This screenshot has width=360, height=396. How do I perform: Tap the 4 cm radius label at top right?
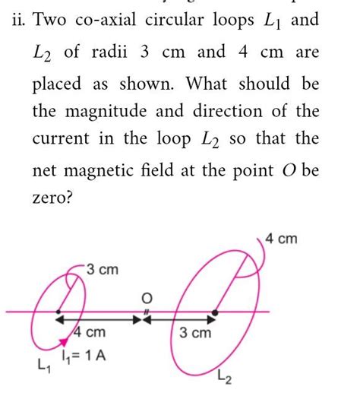[x=283, y=240]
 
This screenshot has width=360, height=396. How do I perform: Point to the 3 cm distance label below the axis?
[x=196, y=333]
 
